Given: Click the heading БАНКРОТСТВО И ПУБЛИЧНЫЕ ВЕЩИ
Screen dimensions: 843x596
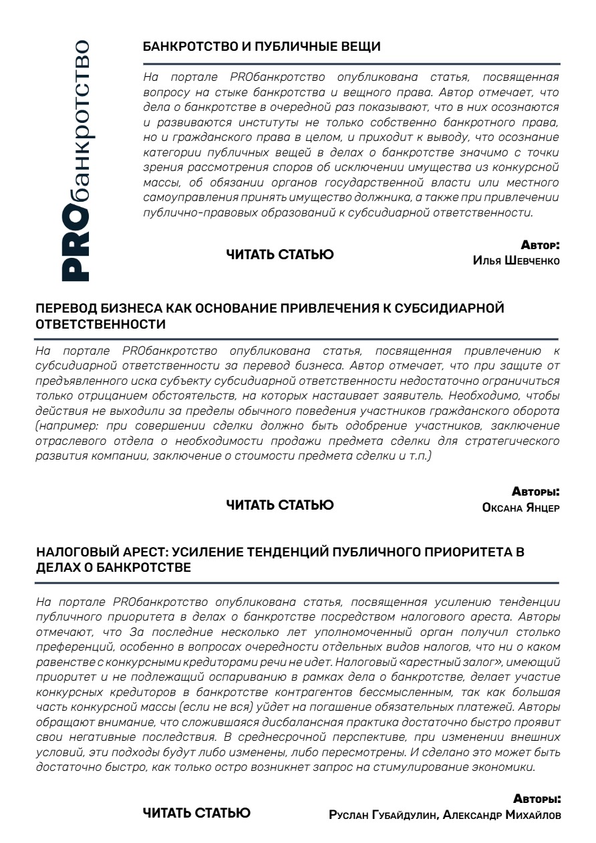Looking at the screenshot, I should (262, 47).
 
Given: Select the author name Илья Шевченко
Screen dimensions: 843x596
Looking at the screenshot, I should (516, 261).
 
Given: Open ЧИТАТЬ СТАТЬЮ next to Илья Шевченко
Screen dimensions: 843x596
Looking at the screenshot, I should (279, 254).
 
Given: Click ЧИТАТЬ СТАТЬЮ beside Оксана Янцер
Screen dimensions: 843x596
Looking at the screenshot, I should (279, 504).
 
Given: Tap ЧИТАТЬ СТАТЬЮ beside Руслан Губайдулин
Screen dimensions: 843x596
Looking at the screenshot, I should (197, 812).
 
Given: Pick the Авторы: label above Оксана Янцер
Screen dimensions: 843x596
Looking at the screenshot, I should (536, 492).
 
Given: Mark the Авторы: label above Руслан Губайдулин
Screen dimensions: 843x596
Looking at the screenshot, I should (537, 799).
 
